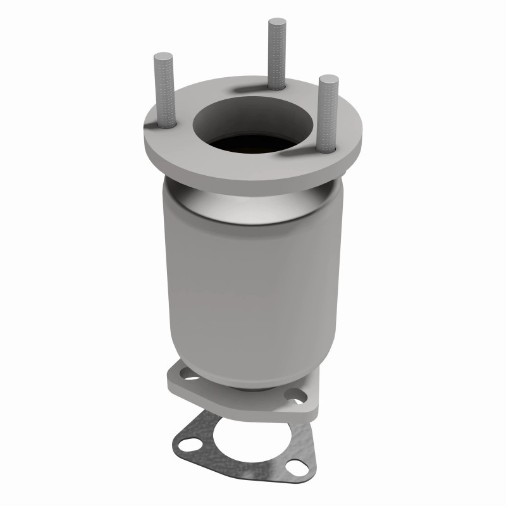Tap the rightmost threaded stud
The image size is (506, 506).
coord(326,114)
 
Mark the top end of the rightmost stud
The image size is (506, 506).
coord(326,79)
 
